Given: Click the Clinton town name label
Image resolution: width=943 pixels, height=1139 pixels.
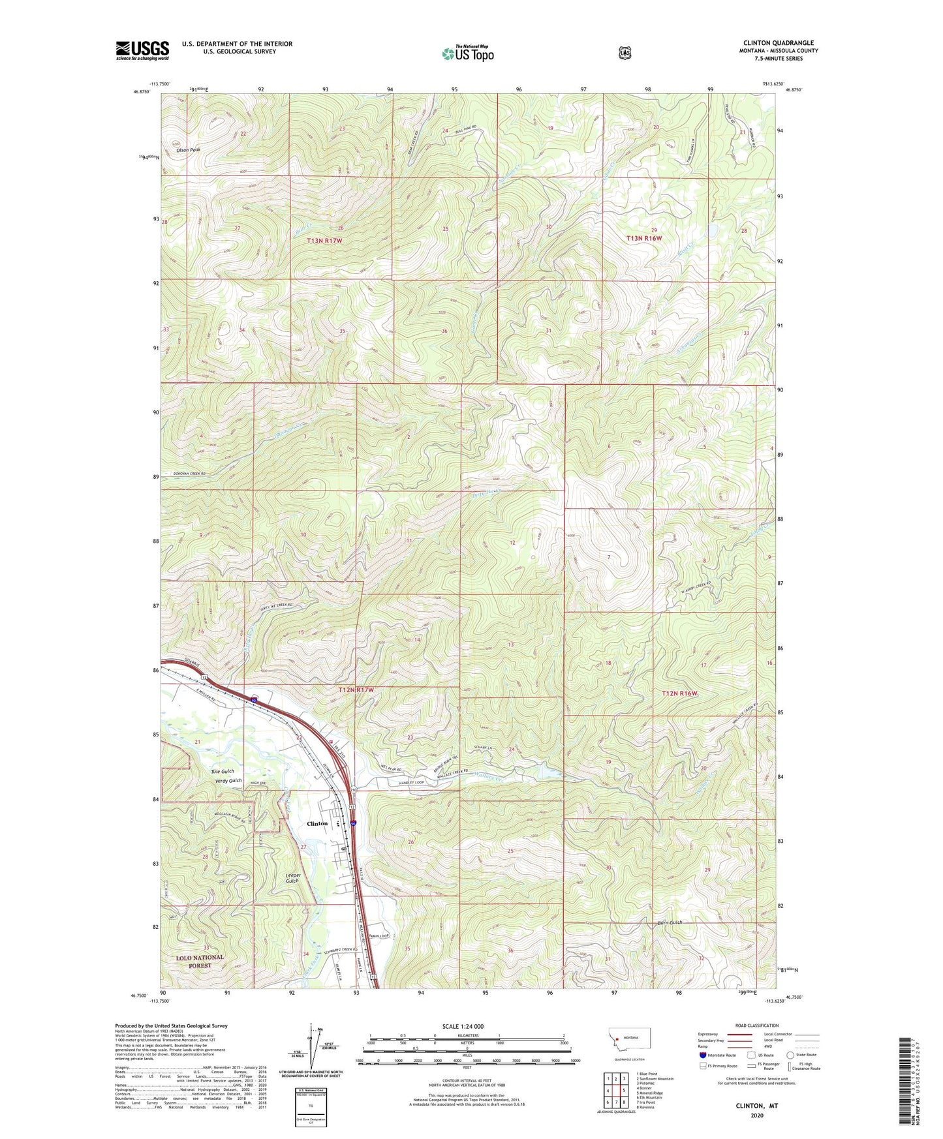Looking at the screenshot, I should tap(317, 823).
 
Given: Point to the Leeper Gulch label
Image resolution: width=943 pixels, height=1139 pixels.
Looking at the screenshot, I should tap(292, 877).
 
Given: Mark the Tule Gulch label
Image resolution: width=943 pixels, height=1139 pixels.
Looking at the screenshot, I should tap(222, 771).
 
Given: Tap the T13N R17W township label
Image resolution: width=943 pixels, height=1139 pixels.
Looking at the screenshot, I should tap(324, 241).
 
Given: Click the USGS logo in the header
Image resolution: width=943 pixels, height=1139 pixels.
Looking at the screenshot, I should tap(142, 50).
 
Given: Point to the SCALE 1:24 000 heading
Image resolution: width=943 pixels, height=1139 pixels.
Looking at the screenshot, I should tap(466, 1026).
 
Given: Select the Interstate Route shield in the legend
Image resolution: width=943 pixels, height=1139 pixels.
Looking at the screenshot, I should tap(702, 1054).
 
